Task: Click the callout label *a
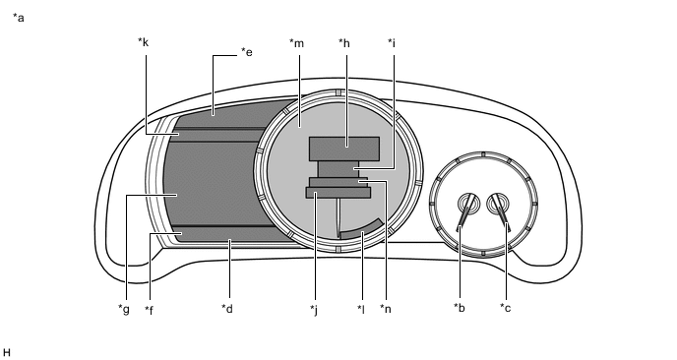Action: coord(19,18)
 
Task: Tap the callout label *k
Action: coord(144,42)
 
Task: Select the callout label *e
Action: coord(247,52)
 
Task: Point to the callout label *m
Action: coord(296,43)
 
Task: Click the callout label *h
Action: coord(344,42)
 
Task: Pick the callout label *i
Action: coord(392,42)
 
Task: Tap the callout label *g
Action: coord(124,310)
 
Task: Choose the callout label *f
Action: coord(149,310)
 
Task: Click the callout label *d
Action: coord(227,309)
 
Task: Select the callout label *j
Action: coord(314,310)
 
